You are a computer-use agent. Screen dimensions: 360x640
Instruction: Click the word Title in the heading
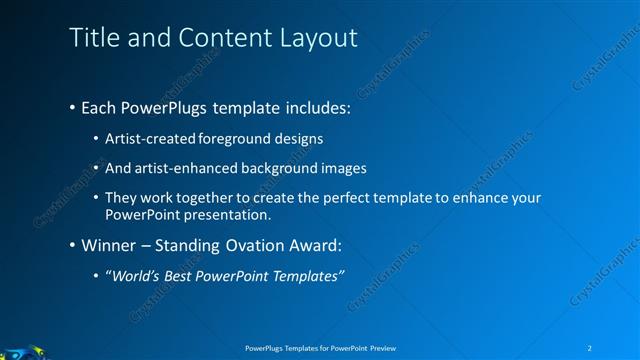(x=91, y=39)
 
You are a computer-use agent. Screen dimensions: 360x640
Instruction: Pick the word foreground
(x=238, y=137)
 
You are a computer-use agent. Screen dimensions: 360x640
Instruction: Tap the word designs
(x=298, y=137)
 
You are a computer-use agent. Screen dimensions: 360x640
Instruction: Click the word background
(x=289, y=168)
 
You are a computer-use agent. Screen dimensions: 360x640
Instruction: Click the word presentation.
(x=235, y=215)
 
